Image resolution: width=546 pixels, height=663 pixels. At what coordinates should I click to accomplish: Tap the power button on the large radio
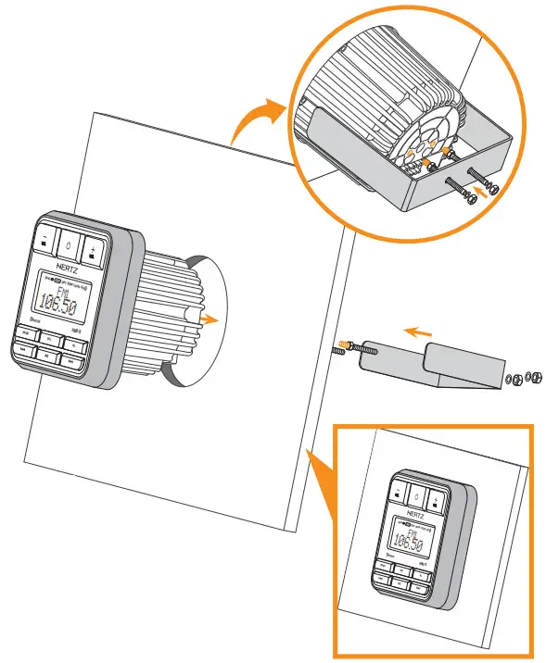(70, 247)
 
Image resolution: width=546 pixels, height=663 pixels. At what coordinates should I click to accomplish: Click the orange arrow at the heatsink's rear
(212, 319)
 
